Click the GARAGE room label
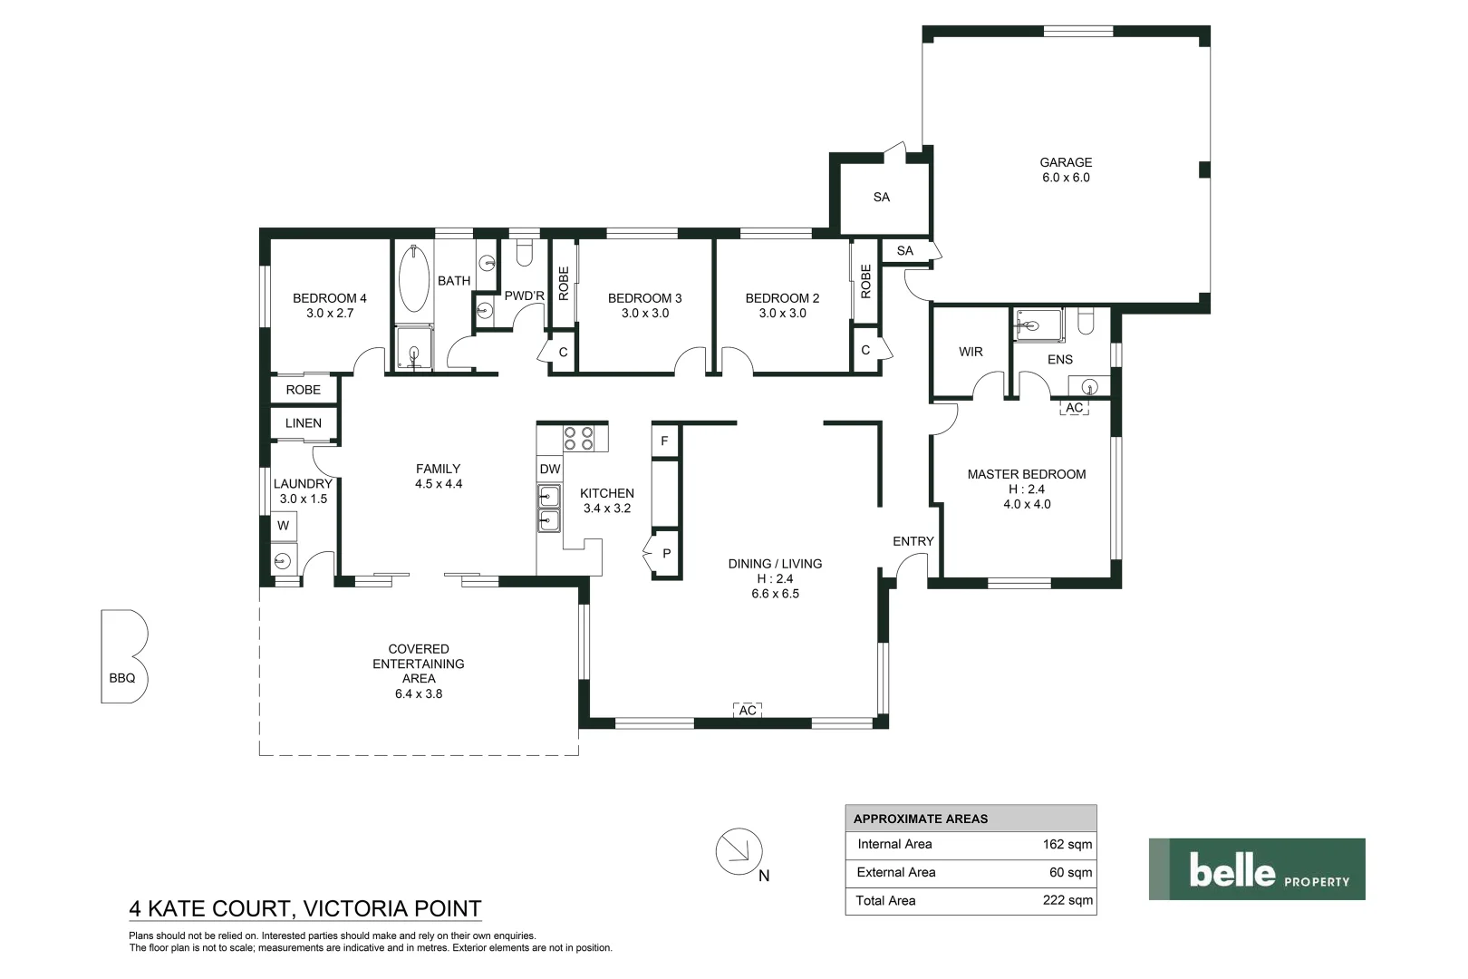pyautogui.click(x=1066, y=162)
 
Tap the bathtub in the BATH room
pyautogui.click(x=413, y=278)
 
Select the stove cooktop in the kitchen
pyautogui.click(x=579, y=439)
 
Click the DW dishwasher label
pyautogui.click(x=550, y=469)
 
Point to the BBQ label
pyautogui.click(x=122, y=678)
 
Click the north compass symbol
pyautogui.click(x=739, y=852)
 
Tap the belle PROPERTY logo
pyautogui.click(x=1257, y=868)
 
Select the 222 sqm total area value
pyautogui.click(x=1067, y=900)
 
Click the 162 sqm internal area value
pyautogui.click(x=1067, y=845)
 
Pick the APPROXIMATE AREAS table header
pyautogui.click(x=920, y=819)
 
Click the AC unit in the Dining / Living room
pyautogui.click(x=748, y=710)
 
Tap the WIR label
pyautogui.click(x=971, y=352)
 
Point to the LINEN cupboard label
pyautogui.click(x=304, y=423)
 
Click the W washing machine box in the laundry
pyautogui.click(x=284, y=526)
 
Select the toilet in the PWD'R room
pyautogui.click(x=525, y=253)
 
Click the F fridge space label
pyautogui.click(x=664, y=441)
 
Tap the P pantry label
pyautogui.click(x=667, y=554)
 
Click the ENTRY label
pyautogui.click(x=913, y=542)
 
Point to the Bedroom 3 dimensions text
pyautogui.click(x=645, y=314)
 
